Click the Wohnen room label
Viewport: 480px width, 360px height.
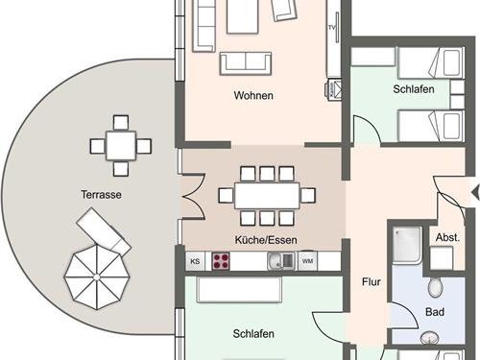tap(253, 95)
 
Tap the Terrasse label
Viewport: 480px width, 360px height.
tap(101, 195)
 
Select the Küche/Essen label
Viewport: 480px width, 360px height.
tap(266, 240)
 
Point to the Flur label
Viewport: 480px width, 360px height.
tap(372, 282)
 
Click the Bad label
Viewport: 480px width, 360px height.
tap(435, 312)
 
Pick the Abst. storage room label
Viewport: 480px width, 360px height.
tap(447, 237)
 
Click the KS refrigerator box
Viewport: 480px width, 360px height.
tap(195, 261)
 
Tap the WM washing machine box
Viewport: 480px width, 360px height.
tap(307, 261)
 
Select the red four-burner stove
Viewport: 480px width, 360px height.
tap(221, 261)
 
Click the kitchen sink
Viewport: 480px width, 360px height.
tap(281, 260)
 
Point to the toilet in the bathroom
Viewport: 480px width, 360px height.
tap(435, 287)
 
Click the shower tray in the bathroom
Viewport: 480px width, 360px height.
tap(406, 246)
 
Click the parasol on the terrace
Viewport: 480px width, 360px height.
tap(97, 276)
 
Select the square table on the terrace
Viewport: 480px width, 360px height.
tap(121, 146)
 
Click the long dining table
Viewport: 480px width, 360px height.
tap(267, 196)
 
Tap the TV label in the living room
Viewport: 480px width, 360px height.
tap(332, 28)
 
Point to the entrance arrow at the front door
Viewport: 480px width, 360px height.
tap(476, 192)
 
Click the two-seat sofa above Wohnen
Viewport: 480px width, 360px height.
tap(246, 63)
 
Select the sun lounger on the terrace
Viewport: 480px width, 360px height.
tap(104, 229)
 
